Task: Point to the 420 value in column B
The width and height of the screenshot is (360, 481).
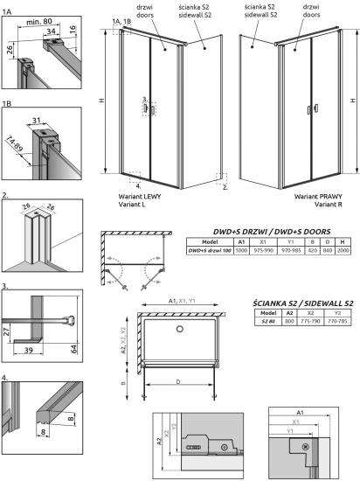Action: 313,250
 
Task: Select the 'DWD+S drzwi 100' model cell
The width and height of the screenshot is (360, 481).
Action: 210,250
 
